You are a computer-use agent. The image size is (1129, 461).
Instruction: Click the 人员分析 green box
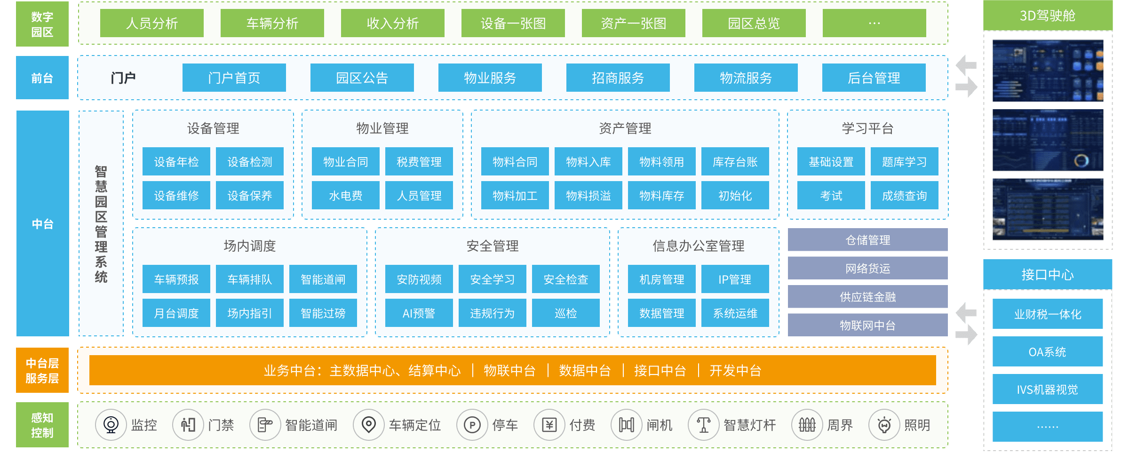151,23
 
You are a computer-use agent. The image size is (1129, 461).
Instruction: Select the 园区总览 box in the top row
754,23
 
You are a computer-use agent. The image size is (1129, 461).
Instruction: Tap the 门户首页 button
234,78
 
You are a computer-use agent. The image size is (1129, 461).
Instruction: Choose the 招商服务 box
618,78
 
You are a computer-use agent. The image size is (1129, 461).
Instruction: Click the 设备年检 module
176,162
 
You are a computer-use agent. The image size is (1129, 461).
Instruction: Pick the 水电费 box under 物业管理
345,196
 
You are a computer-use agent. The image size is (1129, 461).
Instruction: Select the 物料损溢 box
588,196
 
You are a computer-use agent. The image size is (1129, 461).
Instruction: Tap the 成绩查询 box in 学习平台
904,196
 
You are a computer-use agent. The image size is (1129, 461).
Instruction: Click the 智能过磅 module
323,313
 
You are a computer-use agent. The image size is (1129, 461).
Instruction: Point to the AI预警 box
419,313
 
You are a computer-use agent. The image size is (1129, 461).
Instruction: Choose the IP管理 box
735,279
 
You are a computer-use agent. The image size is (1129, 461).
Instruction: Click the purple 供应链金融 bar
867,297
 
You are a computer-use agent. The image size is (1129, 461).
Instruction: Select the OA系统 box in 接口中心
1047,352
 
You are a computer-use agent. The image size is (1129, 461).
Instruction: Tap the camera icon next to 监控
111,425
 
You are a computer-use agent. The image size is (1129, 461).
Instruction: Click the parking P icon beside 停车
472,425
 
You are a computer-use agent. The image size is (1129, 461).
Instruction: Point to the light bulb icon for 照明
884,425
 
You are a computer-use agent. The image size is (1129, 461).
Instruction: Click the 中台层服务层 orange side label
42,371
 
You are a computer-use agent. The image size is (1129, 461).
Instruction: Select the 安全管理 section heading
492,246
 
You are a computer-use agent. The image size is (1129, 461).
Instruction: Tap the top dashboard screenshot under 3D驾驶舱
1048,71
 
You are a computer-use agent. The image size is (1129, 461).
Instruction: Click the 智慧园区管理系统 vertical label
101,223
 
